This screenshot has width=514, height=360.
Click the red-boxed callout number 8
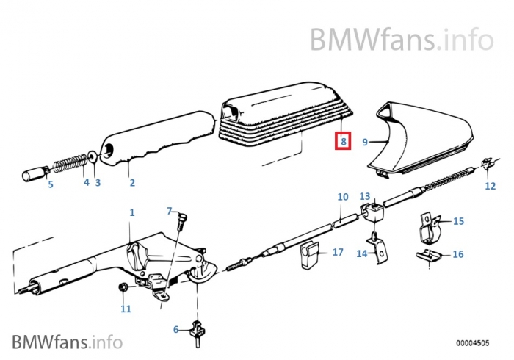tap(343, 140)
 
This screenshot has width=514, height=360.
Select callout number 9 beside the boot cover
tap(365, 142)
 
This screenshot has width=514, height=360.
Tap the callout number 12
tap(491, 186)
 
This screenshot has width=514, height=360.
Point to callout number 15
tap(458, 220)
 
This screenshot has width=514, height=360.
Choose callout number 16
tap(458, 254)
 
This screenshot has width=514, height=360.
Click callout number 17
tap(338, 252)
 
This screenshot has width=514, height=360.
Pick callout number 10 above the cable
tap(343, 197)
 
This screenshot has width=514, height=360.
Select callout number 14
tap(361, 253)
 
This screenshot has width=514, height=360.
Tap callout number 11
tap(126, 309)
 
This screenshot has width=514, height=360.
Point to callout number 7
tap(169, 212)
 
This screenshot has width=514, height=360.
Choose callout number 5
tap(51, 184)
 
